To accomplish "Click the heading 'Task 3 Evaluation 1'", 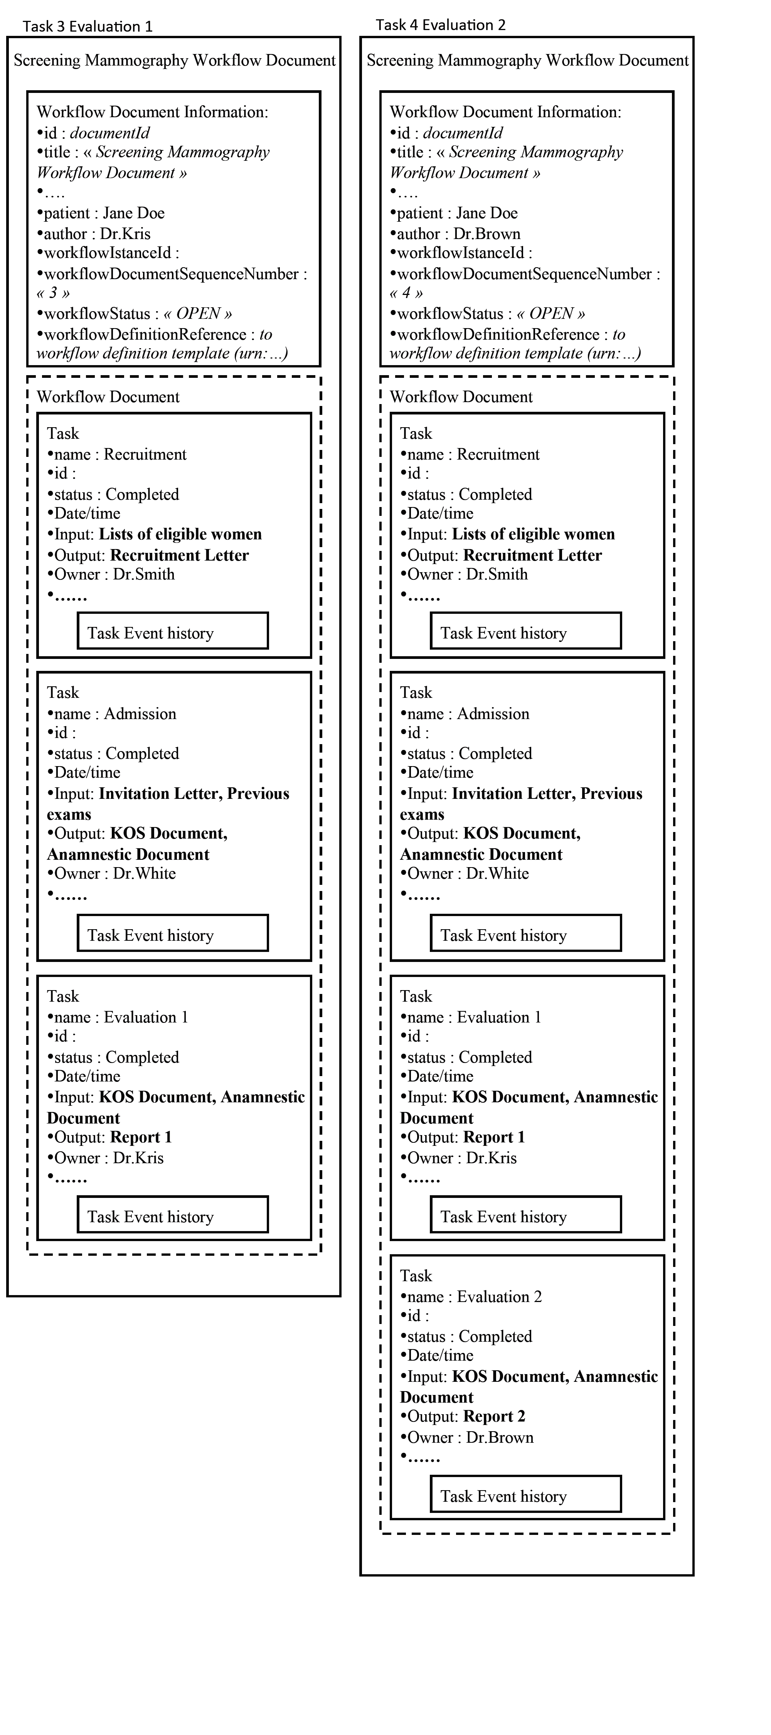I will click(88, 26).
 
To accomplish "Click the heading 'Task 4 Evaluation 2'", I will click(440, 25).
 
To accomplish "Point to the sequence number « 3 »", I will click(53, 293).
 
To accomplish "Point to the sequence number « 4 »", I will click(406, 293).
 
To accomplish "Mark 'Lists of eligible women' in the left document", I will click(180, 534).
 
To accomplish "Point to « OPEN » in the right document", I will click(551, 314).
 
